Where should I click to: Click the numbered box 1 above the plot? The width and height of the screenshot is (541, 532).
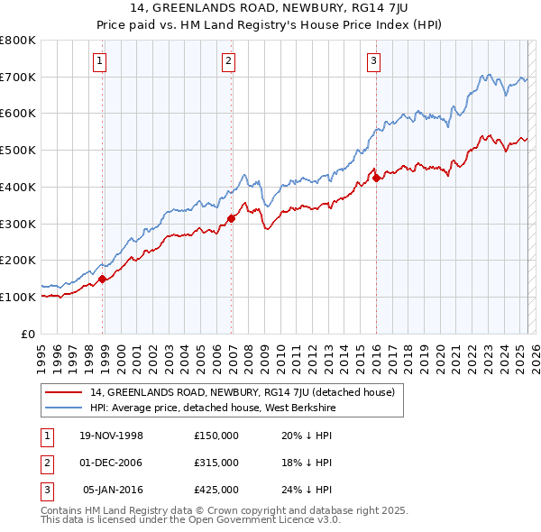tap(98, 61)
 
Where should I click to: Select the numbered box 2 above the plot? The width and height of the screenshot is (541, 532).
tap(228, 61)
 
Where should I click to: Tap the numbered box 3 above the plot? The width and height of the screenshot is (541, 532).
tap(373, 61)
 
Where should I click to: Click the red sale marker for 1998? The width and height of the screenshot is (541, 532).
tap(103, 279)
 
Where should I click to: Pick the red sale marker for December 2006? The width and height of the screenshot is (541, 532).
tap(232, 217)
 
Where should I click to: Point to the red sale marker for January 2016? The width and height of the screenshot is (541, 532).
tap(376, 178)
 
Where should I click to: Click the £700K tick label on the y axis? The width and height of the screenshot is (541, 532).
tap(18, 78)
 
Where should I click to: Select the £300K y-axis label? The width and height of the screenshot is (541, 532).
tap(18, 224)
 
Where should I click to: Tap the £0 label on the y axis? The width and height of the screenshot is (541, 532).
tap(29, 334)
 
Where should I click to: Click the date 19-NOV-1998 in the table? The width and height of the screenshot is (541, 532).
tap(112, 435)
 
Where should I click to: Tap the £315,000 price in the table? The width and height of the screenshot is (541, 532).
tap(216, 463)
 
